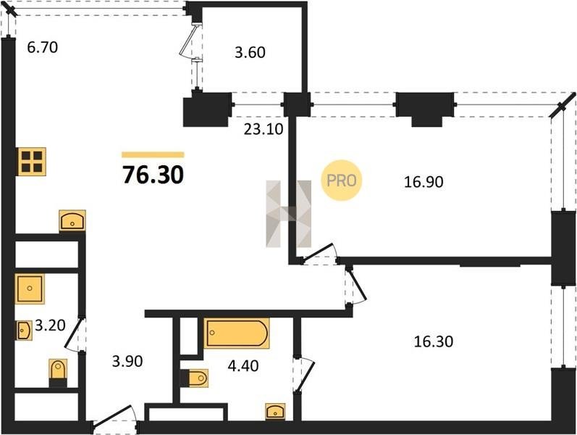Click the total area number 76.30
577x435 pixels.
click(153, 175)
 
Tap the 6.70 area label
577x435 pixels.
click(43, 48)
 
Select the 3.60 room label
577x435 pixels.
click(250, 52)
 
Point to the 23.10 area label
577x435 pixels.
click(264, 129)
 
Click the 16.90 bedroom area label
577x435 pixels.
click(424, 182)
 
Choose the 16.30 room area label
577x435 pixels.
click(434, 341)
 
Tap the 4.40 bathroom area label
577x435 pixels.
click(243, 365)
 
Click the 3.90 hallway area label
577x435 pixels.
click(127, 361)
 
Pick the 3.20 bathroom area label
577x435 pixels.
click(50, 326)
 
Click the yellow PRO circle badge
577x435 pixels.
click(342, 181)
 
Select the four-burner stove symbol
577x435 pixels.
click(32, 162)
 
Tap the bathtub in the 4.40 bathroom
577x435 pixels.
click(237, 333)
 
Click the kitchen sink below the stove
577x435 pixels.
click(72, 220)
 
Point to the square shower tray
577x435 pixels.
click(30, 289)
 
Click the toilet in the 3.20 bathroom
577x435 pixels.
click(58, 373)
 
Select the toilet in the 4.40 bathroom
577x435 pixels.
click(194, 378)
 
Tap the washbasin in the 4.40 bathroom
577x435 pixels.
click(275, 411)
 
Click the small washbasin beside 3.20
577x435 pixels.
click(24, 331)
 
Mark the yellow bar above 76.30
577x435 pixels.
click(153, 155)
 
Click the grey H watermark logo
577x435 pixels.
click(289, 213)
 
